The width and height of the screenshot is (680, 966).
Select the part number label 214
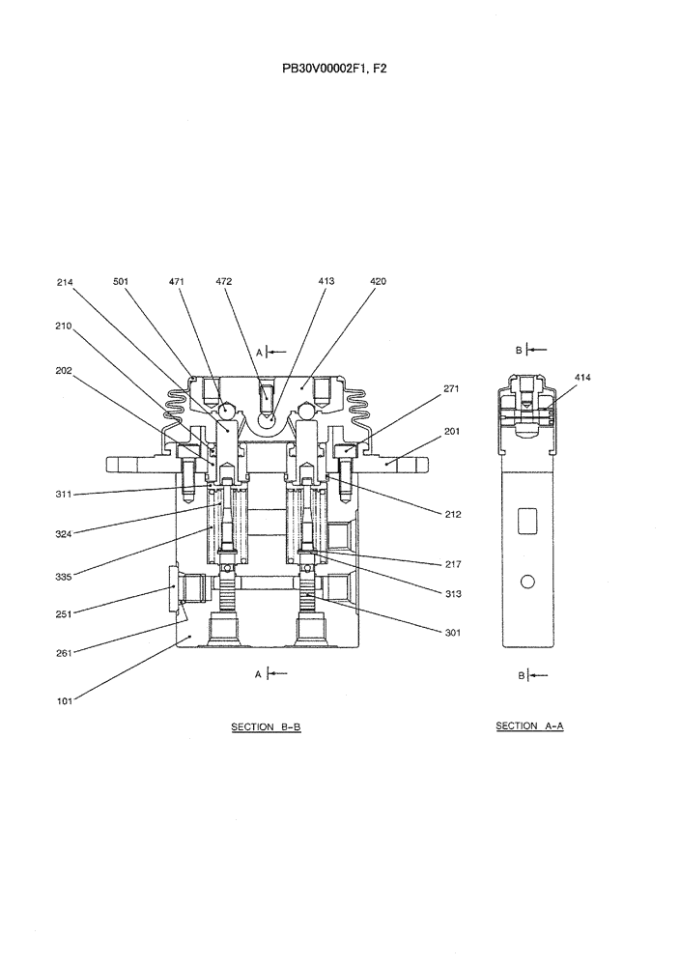[x=65, y=282]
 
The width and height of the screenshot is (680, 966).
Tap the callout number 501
[x=121, y=282]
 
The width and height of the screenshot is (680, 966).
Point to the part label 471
[x=176, y=282]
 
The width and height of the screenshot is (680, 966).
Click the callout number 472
[x=223, y=282]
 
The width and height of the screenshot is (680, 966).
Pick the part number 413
[x=326, y=282]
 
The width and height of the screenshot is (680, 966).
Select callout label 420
[x=378, y=282]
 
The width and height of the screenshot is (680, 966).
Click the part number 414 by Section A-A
[x=582, y=377]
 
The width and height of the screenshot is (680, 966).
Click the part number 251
[x=65, y=613]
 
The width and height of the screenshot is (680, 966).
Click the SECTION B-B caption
[x=266, y=726]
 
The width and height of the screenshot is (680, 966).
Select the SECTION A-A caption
[x=528, y=725]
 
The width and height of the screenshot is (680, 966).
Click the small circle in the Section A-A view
[x=527, y=582]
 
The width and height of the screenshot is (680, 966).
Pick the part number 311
[x=65, y=495]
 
